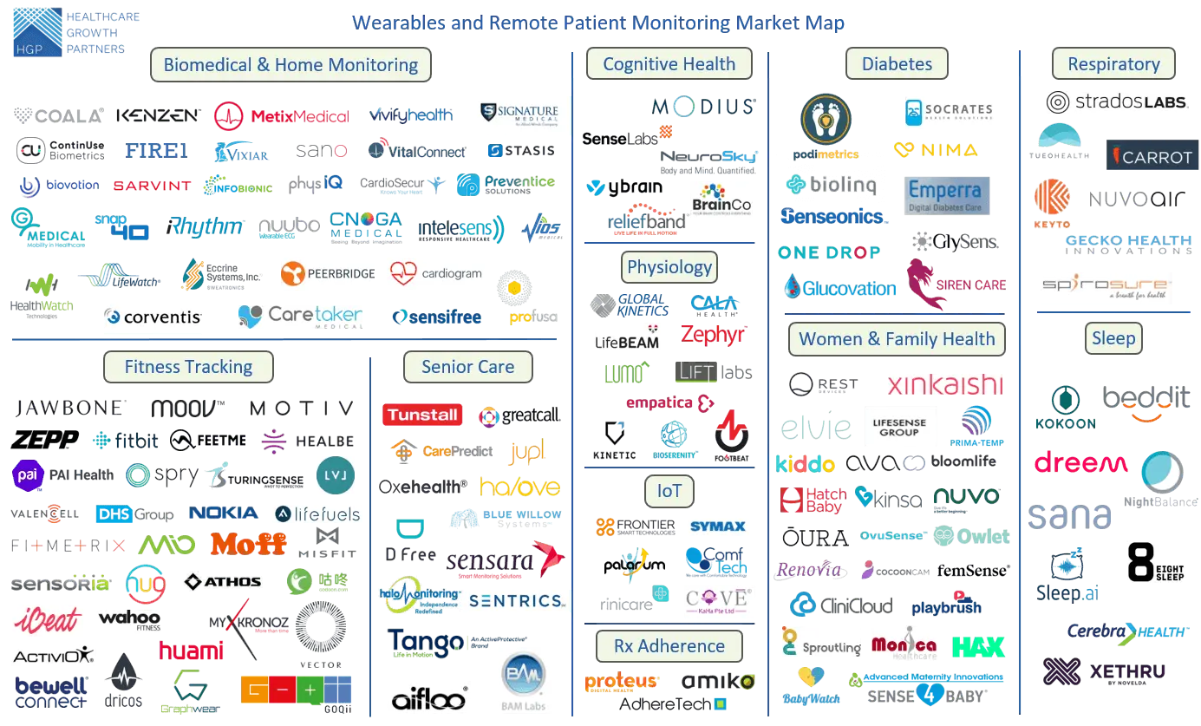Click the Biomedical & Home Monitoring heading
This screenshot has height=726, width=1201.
pos(290,65)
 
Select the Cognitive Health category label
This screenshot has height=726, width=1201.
pos(669,64)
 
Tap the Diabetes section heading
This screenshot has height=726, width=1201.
pos(897,64)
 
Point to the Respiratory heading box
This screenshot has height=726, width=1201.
pos(1113,64)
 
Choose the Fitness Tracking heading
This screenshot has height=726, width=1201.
pos(188,367)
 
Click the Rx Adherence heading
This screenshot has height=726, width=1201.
pos(669,646)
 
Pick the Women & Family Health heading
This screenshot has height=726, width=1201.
pos(897,339)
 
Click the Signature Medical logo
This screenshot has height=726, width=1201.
pos(520,114)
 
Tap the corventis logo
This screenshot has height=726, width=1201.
pos(155,317)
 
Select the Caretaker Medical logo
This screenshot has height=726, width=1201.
pos(302,317)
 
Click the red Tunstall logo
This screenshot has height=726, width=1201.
pos(422,415)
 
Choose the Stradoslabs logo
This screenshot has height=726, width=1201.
pos(1117,103)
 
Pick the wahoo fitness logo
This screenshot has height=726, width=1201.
pos(129,619)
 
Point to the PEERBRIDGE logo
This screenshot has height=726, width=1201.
pos(327,274)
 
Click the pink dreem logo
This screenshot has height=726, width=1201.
pos(1080,463)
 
